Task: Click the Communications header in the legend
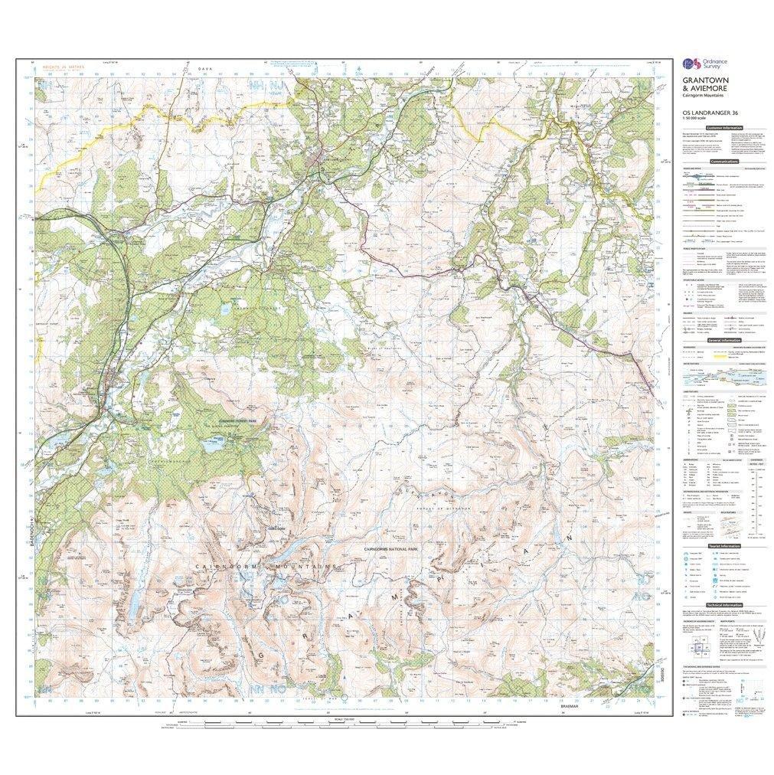pyautogui.click(x=724, y=162)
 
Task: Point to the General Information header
pyautogui.click(x=724, y=341)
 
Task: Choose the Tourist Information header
pyautogui.click(x=724, y=546)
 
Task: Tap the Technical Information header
pyautogui.click(x=724, y=605)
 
